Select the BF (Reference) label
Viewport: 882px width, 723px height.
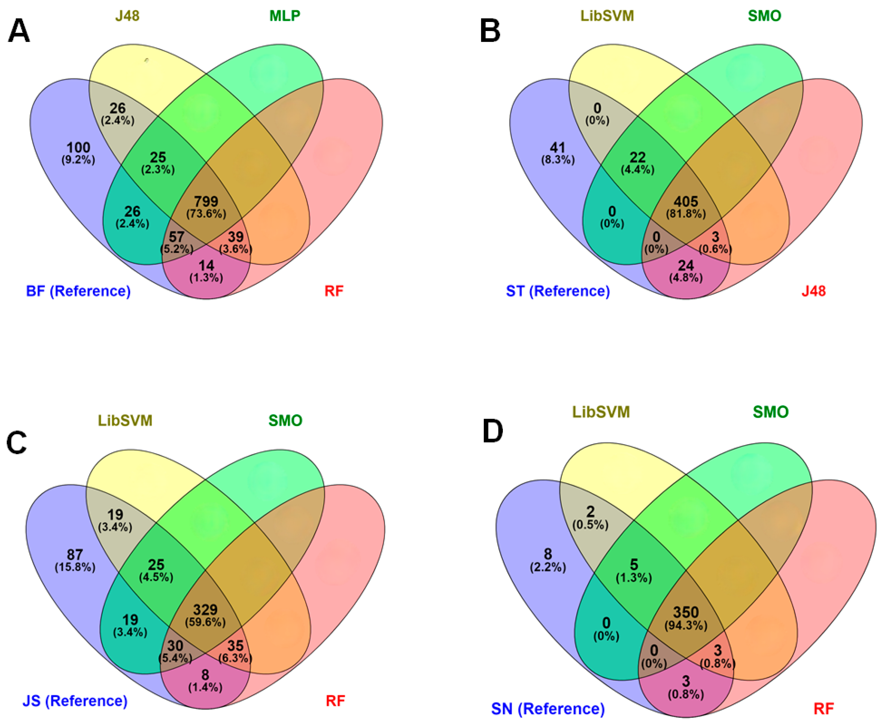[x=78, y=291]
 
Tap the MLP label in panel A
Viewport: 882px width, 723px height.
[x=285, y=16]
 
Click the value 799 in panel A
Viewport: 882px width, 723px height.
[x=206, y=202]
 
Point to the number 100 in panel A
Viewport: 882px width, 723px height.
[x=78, y=148]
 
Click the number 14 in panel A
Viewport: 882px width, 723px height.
[x=206, y=265]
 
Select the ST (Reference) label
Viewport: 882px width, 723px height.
[x=558, y=291]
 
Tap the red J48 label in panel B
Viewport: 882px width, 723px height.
[x=813, y=291]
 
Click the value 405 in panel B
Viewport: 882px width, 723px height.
[x=686, y=202]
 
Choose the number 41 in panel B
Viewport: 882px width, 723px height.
[x=558, y=148]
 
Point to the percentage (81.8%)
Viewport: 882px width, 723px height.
[x=686, y=214]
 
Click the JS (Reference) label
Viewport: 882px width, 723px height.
[x=75, y=700]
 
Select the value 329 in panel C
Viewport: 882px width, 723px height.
[x=205, y=610]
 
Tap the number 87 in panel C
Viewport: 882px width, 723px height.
[x=75, y=555]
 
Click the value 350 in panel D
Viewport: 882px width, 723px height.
[x=686, y=612]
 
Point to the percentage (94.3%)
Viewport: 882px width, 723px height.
[x=686, y=625]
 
